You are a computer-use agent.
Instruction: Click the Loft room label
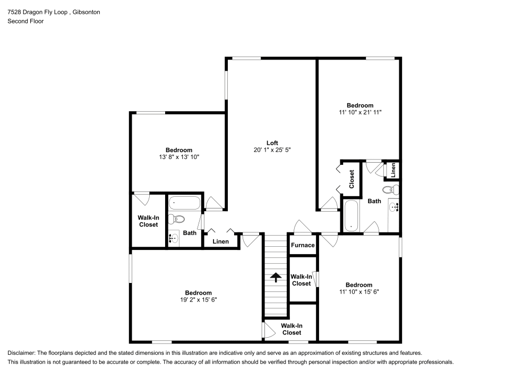(272, 143)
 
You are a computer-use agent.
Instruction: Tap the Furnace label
(302, 245)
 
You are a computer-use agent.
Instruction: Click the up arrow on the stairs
(276, 278)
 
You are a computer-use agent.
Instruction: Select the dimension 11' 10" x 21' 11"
(360, 113)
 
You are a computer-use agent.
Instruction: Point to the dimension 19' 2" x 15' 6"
(198, 300)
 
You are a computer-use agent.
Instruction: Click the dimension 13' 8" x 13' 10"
(178, 157)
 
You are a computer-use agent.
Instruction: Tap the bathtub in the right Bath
(351, 215)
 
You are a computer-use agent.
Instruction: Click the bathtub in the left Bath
(184, 203)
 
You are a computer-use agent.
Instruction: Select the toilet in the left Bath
(176, 219)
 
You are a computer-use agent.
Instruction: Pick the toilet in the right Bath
(389, 190)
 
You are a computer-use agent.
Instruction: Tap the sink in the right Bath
(394, 207)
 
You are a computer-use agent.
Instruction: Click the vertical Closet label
(352, 179)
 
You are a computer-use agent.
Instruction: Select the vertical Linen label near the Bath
(393, 170)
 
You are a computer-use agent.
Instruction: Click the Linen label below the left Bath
(220, 241)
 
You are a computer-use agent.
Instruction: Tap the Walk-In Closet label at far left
(148, 221)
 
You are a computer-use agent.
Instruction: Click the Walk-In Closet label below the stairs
(292, 329)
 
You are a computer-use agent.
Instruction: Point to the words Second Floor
(25, 21)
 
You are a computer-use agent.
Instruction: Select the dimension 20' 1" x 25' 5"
(272, 150)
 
